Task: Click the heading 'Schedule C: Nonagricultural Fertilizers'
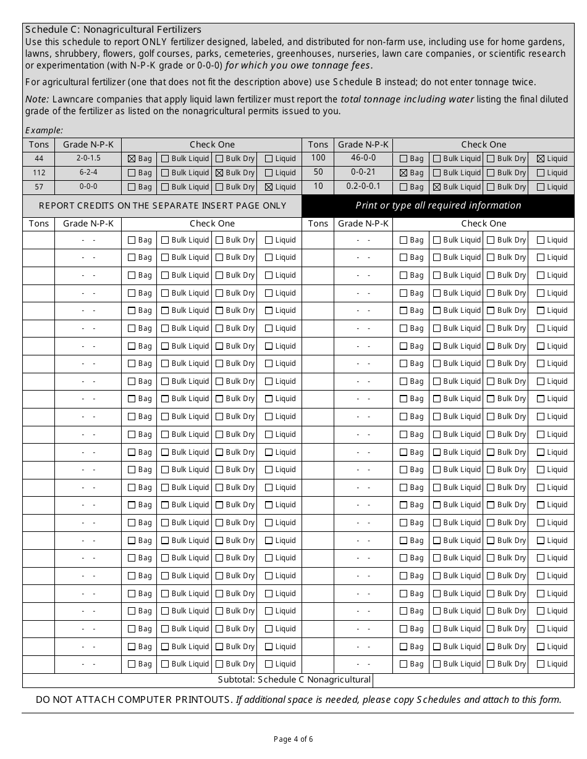(113, 30)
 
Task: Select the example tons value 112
(39, 173)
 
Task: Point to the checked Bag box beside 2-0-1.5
(132, 159)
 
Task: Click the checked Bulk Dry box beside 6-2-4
(219, 173)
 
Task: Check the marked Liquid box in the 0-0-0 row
(269, 187)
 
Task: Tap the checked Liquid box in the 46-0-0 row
(541, 159)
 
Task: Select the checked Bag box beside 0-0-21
(403, 173)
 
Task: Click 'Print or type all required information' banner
(438, 205)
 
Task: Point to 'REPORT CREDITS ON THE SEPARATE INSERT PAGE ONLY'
(163, 205)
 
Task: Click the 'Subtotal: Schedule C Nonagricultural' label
(294, 680)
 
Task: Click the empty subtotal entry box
(473, 680)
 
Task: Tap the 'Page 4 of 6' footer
(293, 739)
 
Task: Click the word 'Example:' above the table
(44, 130)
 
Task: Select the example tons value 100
(318, 158)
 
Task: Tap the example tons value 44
(39, 159)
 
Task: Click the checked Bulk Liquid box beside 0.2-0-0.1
(437, 187)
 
